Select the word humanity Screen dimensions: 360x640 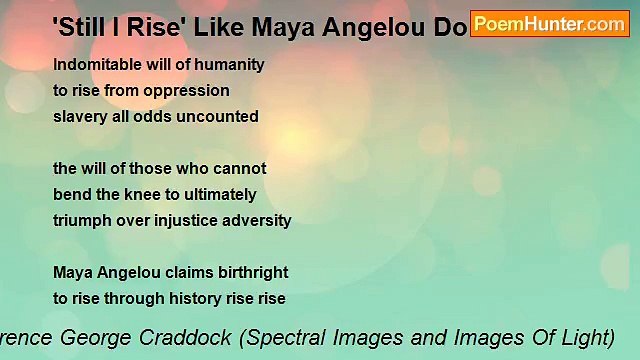click(231, 64)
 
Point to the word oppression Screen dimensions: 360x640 click(190, 90)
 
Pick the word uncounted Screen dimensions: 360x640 click(221, 116)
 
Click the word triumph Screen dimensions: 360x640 click(83, 220)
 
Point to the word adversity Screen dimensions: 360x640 click(258, 220)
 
